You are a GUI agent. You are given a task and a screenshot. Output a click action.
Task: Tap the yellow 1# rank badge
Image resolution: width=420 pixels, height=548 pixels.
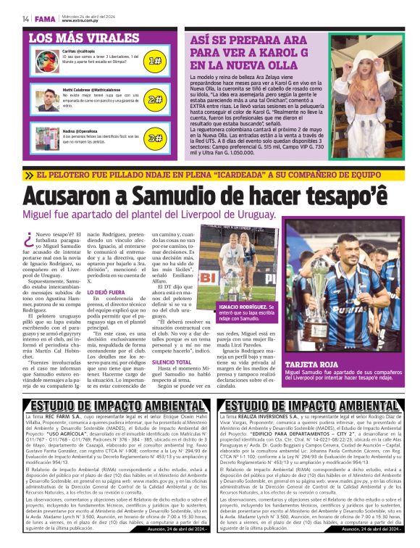tap(154, 62)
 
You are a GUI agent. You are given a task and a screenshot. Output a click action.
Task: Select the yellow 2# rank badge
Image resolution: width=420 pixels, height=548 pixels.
tap(154, 99)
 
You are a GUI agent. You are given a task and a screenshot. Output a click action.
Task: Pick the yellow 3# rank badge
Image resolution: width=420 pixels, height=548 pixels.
tap(154, 137)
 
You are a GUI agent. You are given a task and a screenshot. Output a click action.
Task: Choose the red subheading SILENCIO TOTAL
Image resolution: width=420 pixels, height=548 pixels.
tap(172, 382)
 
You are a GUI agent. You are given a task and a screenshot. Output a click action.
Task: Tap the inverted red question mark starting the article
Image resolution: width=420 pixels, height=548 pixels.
tap(28, 238)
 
